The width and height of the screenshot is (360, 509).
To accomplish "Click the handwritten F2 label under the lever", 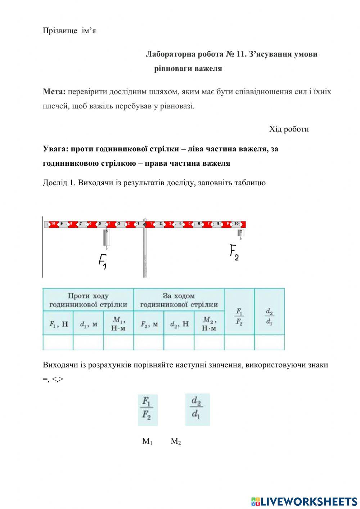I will pyautogui.click(x=234, y=253).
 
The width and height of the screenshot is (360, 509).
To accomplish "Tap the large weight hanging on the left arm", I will pyautogui.click(x=107, y=238).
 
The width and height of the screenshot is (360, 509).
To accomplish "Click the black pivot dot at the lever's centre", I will pyautogui.click(x=145, y=224).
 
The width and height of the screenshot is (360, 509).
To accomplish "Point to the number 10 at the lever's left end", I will pyautogui.click(x=53, y=224).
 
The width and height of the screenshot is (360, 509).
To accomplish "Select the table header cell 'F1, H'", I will pyautogui.click(x=58, y=324).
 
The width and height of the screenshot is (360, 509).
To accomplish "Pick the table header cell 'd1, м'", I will pyautogui.click(x=88, y=324).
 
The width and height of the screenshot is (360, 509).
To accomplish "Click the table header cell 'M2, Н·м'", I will pyautogui.click(x=209, y=323).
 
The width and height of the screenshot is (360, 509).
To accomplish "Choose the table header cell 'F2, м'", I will pyautogui.click(x=149, y=324).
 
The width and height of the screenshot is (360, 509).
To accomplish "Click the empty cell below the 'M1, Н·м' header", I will pyautogui.click(x=118, y=342).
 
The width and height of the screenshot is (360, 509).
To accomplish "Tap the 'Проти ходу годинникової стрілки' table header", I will pyautogui.click(x=88, y=300).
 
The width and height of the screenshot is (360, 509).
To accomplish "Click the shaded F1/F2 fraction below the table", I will pyautogui.click(x=148, y=410).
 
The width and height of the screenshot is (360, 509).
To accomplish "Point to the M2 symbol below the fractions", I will pyautogui.click(x=176, y=441).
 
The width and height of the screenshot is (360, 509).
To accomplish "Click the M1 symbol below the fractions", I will pyautogui.click(x=147, y=441).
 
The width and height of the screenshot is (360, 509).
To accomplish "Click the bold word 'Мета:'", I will pyautogui.click(x=54, y=91).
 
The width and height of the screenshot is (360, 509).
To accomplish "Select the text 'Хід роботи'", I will pyautogui.click(x=289, y=129).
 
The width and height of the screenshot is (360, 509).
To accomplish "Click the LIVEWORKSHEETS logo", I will pyautogui.click(x=304, y=501).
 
